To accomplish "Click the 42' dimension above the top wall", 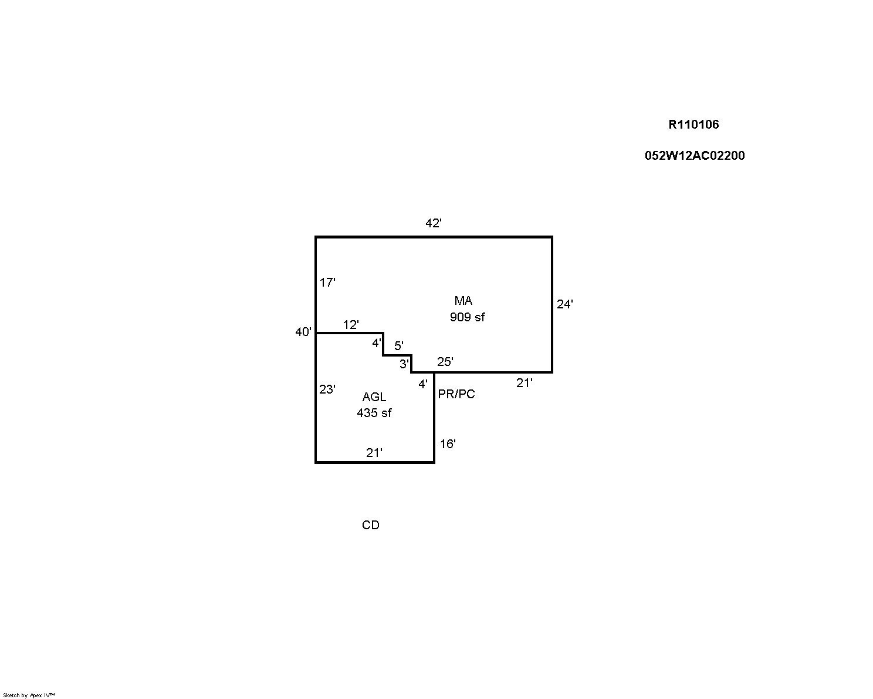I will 433,224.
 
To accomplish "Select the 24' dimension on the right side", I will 564,304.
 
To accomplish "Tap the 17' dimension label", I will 327,283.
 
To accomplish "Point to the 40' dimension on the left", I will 303,332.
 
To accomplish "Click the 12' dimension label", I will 351,325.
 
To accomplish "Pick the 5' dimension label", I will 399,345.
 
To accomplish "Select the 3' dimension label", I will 404,364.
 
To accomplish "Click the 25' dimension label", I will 445,362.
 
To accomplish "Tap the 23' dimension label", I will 327,389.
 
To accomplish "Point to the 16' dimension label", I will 448,444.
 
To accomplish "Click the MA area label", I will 463,301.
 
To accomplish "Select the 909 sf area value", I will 467,317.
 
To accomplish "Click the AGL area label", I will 374,397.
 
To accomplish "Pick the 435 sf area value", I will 374,413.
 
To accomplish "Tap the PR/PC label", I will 456,394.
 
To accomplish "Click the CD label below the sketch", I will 370,525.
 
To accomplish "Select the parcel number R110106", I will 693,125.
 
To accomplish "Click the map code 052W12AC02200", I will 695,156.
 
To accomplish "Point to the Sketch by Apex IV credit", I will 29,695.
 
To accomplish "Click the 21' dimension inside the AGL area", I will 374,453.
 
